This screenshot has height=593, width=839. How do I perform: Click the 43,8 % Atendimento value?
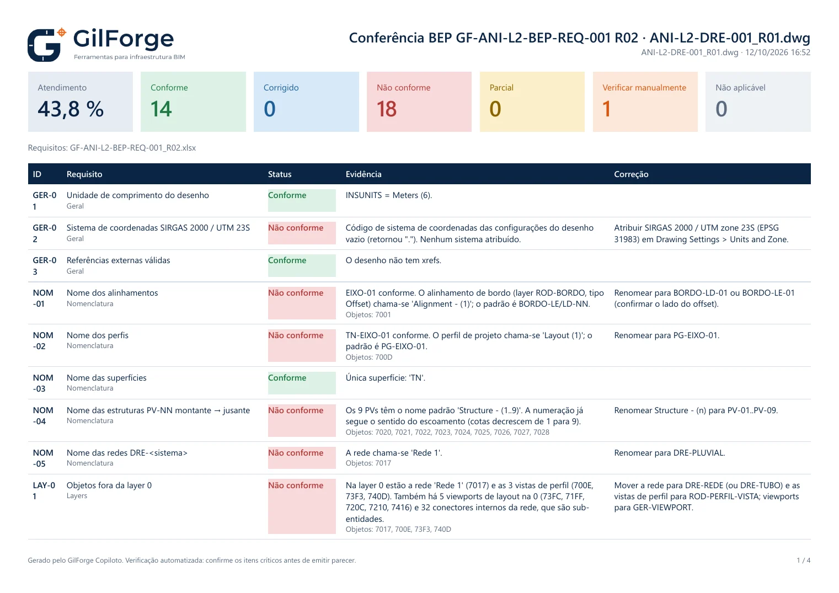click(x=71, y=109)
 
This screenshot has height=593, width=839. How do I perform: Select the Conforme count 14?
click(x=161, y=109)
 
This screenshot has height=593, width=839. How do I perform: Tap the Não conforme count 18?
click(x=387, y=109)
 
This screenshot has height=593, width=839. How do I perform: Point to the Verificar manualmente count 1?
click(x=606, y=109)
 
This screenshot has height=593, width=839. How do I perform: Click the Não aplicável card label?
click(x=740, y=87)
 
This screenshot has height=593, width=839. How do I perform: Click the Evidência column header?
click(x=364, y=174)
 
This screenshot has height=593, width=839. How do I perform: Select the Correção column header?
click(x=631, y=174)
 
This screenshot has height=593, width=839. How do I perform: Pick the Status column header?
click(x=280, y=174)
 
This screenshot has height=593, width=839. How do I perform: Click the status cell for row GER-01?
click(x=302, y=200)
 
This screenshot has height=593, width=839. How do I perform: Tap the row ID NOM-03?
click(x=42, y=383)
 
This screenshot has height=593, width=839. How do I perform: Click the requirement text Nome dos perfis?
click(x=98, y=335)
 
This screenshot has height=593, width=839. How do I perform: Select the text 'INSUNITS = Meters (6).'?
click(x=388, y=195)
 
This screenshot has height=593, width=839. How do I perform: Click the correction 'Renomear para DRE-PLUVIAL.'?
click(x=669, y=452)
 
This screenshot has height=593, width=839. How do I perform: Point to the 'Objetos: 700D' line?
click(x=368, y=357)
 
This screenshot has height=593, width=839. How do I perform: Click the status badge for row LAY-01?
click(x=302, y=506)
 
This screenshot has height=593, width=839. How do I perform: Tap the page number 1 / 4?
click(x=803, y=560)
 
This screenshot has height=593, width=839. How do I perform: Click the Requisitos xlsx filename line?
click(x=111, y=148)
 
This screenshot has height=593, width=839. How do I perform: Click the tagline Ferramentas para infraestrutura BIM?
click(x=129, y=57)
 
